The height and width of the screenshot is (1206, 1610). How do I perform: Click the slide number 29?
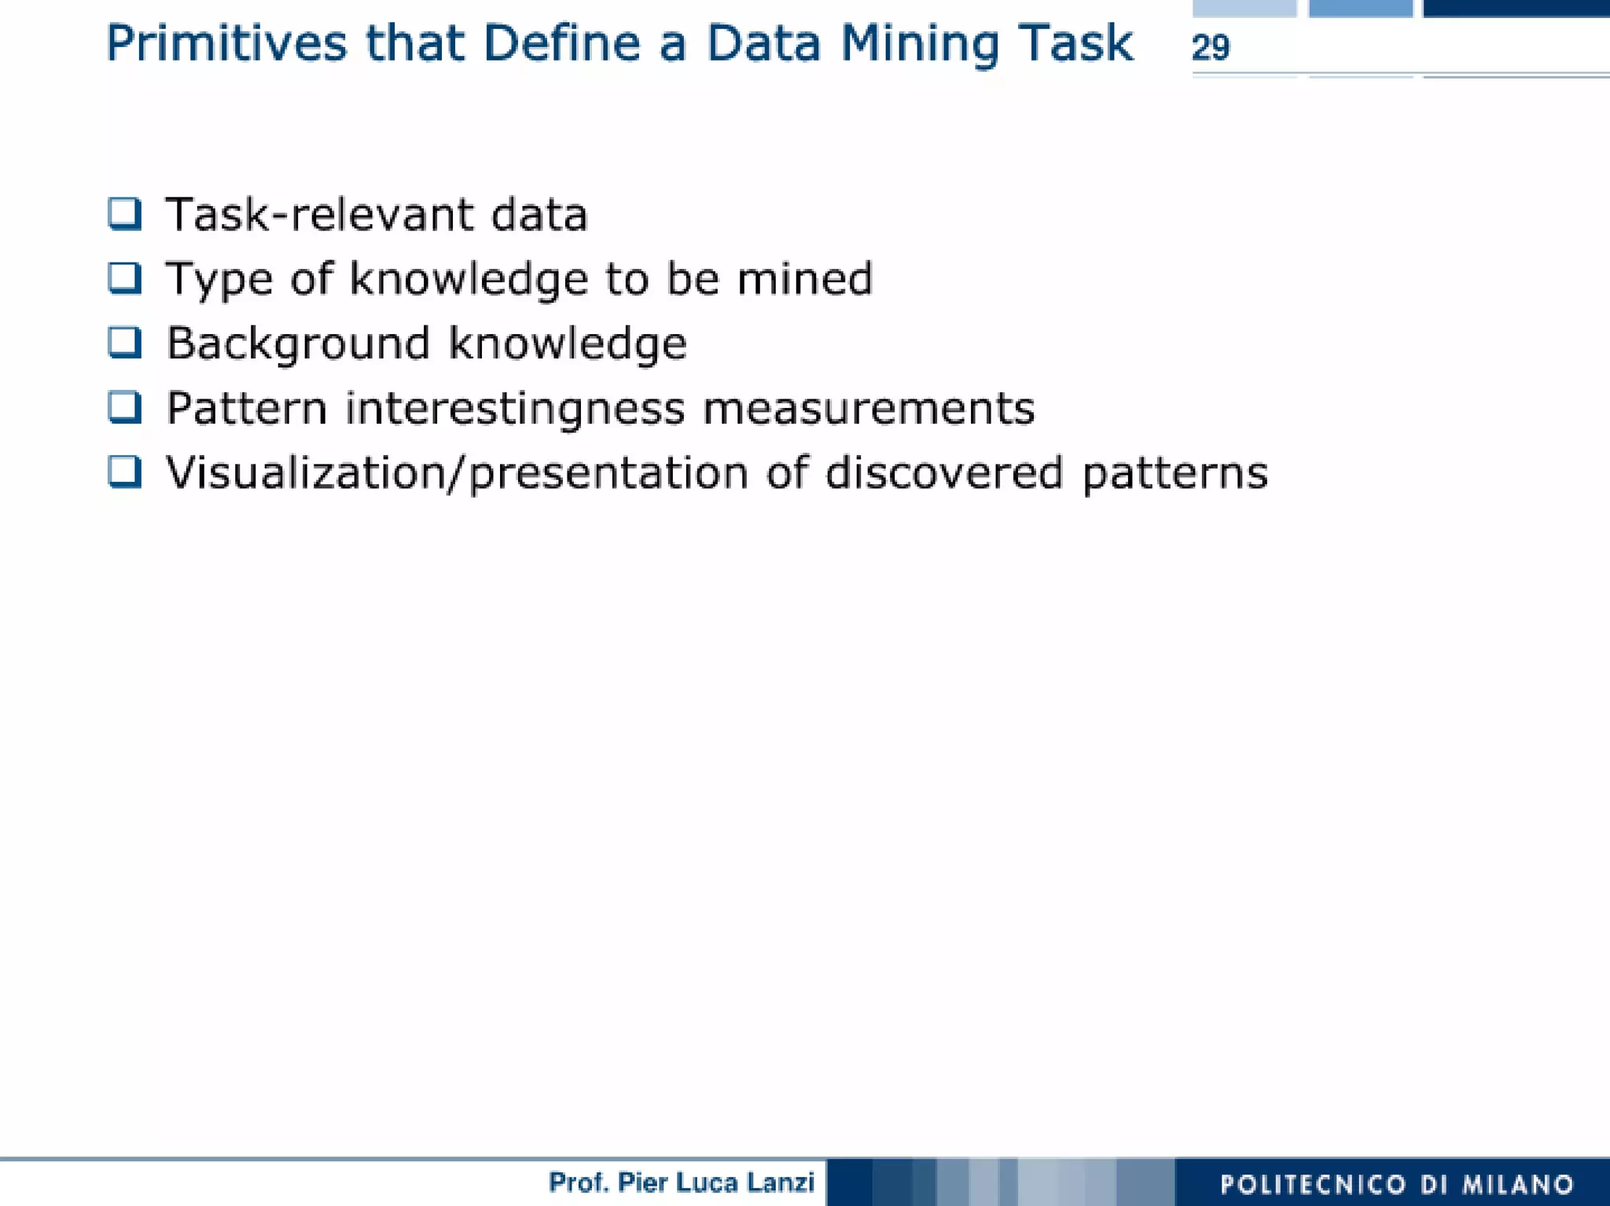(x=1210, y=48)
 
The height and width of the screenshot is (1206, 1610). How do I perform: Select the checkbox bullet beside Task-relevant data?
(x=125, y=214)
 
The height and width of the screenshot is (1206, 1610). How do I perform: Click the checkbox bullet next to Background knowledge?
(x=125, y=343)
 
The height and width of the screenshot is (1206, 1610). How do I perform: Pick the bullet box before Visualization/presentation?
(x=125, y=472)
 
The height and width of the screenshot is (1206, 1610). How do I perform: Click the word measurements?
(x=868, y=409)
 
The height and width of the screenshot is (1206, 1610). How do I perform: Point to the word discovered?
(x=944, y=473)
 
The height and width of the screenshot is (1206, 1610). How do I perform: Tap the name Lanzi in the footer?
(x=781, y=1182)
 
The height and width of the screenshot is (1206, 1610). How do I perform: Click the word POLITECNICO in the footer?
(x=1313, y=1184)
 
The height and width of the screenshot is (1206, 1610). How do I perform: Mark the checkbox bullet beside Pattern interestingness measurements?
(x=125, y=407)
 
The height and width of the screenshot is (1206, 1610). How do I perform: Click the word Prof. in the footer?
(x=579, y=1182)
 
